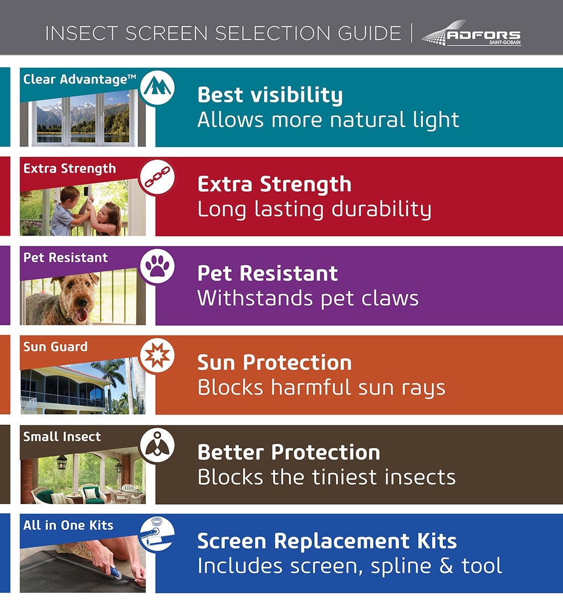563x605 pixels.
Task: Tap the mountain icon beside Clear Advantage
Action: pos(157,88)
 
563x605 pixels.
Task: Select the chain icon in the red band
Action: pos(157,177)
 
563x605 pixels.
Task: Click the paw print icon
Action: pos(157,266)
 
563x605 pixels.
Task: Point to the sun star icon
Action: pos(157,356)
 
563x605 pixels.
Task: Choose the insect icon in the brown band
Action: pos(157,445)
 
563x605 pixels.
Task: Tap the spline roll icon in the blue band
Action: pos(157,534)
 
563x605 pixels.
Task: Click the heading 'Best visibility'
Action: pos(270,95)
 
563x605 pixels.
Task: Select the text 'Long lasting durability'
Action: pos(314,210)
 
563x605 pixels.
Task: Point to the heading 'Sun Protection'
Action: pos(274,363)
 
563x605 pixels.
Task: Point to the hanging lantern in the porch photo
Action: pos(62,462)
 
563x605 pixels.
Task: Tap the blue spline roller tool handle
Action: pos(115,571)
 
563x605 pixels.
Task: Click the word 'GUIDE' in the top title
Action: pos(370,33)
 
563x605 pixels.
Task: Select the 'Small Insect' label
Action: pos(62,436)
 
